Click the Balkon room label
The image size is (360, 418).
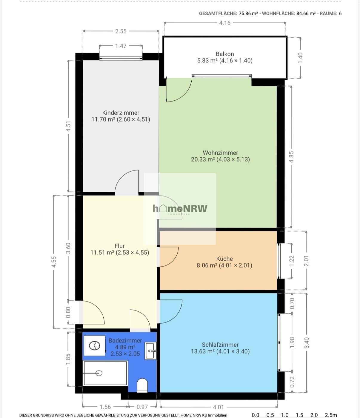tap(225, 54)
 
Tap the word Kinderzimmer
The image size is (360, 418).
tap(121, 113)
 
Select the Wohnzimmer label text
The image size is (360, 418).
tap(220, 153)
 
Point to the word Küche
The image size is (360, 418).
tap(224, 259)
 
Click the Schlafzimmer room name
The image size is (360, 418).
tap(220, 345)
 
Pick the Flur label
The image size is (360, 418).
tap(119, 246)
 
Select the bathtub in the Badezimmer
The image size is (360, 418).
tap(105, 373)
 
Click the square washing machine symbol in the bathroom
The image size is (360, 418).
tap(95, 346)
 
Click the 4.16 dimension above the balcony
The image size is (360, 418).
tap(225, 23)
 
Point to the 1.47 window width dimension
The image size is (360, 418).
tap(121, 46)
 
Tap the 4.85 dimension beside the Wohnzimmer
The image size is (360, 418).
tap(291, 157)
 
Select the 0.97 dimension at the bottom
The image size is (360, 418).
tap(142, 407)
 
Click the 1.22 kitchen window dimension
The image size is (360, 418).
tap(291, 261)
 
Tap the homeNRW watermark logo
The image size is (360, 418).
tap(180, 209)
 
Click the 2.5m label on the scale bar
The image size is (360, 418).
tap(331, 415)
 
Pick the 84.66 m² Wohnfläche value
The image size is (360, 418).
tap(306, 13)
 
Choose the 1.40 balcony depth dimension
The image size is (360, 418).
tap(300, 58)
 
